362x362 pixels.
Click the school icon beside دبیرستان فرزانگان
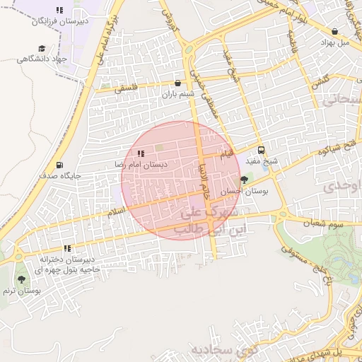click(59, 10)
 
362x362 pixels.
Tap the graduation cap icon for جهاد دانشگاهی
click(42, 48)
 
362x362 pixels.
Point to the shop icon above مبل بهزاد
click(334, 31)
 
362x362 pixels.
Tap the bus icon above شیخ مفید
click(262, 150)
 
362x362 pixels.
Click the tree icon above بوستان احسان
click(245, 180)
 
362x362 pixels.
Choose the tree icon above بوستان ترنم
click(21, 280)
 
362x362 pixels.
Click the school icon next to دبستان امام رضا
click(141, 153)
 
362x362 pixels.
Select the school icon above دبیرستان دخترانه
click(68, 249)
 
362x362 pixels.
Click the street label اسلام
click(115, 211)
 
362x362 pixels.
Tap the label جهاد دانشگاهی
click(41, 59)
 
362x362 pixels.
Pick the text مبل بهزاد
click(334, 42)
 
